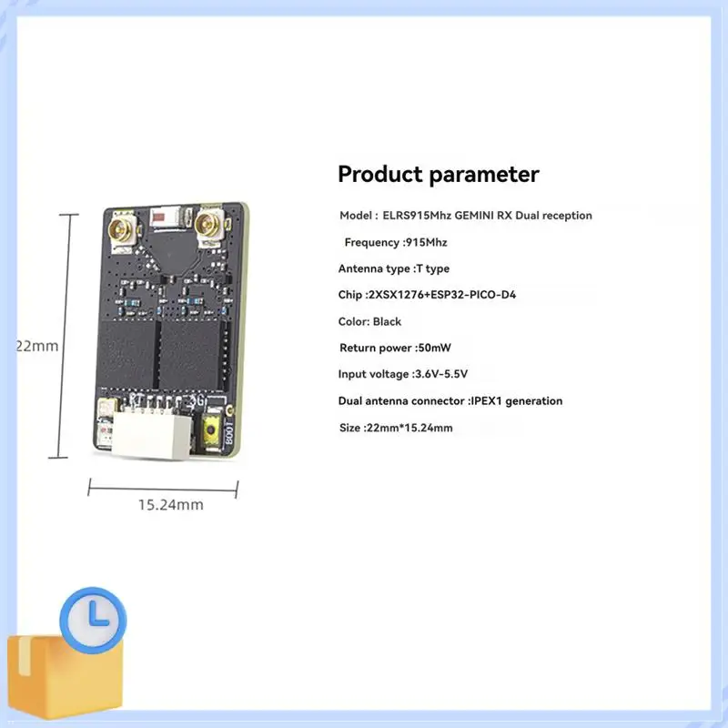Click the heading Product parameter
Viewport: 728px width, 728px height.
pos(439,175)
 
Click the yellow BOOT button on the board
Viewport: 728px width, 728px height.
pos(212,430)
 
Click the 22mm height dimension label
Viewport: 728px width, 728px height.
pos(37,346)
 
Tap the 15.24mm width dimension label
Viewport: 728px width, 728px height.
pos(171,505)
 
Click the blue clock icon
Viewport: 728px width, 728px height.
pos(93,621)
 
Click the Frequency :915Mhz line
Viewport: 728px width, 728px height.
pos(396,242)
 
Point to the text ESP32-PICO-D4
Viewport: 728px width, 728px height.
pos(473,295)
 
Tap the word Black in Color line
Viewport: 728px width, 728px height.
pos(387,321)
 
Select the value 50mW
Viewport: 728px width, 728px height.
pos(435,348)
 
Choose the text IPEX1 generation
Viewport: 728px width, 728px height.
pos(517,401)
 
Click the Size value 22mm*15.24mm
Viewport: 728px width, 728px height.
pos(409,428)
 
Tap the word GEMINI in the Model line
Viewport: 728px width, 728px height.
pos(474,216)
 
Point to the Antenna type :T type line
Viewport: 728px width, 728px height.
pos(394,268)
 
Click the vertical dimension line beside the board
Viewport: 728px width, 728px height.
pos(64,336)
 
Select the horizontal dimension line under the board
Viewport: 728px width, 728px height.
pos(163,489)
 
